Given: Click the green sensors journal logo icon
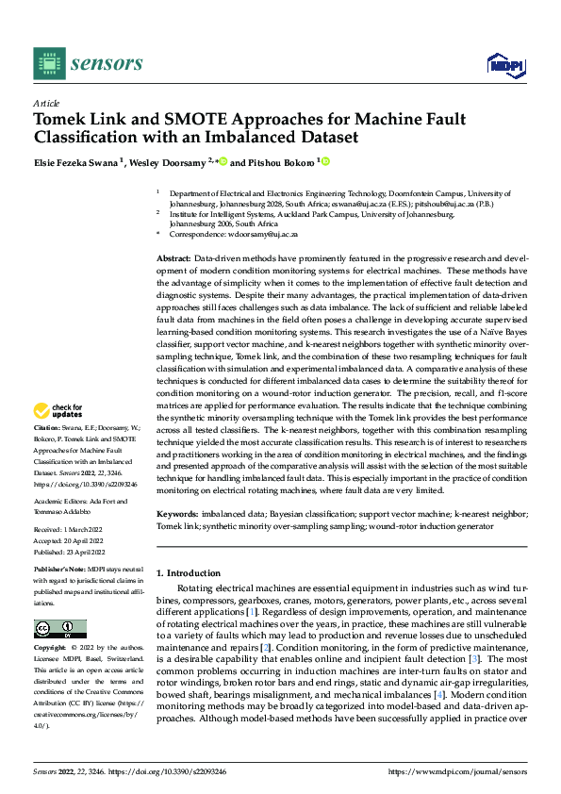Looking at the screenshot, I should pyautogui.click(x=50, y=63).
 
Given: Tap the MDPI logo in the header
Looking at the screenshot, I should pyautogui.click(x=504, y=63).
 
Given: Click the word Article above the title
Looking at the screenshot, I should pyautogui.click(x=46, y=103).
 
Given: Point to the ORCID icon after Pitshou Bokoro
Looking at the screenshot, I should pyautogui.click(x=326, y=162).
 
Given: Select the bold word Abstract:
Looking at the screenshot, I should pyautogui.click(x=173, y=258).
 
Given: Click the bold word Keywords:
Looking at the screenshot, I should pyautogui.click(x=177, y=514).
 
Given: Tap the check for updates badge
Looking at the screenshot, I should pyautogui.click(x=59, y=411).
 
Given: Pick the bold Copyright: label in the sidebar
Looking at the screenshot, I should pyautogui.click(x=51, y=649).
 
